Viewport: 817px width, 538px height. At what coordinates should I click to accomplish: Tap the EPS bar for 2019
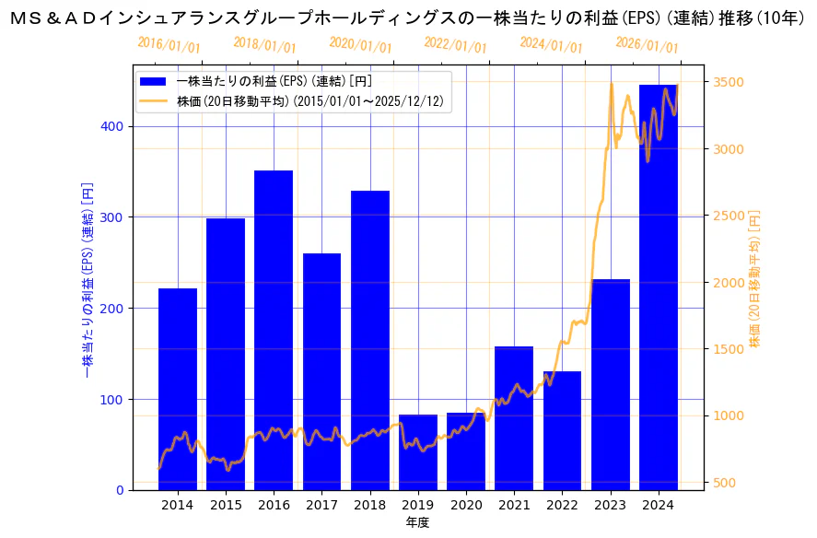[x=418, y=452]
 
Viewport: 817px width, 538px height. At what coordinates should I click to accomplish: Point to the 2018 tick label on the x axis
[x=370, y=505]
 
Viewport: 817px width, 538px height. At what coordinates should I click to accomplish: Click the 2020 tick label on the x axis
[x=466, y=505]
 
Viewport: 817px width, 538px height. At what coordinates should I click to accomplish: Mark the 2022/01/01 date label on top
[x=455, y=46]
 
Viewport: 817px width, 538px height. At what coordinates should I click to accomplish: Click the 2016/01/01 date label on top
[x=169, y=45]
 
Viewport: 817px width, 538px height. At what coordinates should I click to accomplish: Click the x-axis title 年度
[x=417, y=522]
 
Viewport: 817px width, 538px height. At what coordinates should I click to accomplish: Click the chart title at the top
[x=408, y=17]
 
